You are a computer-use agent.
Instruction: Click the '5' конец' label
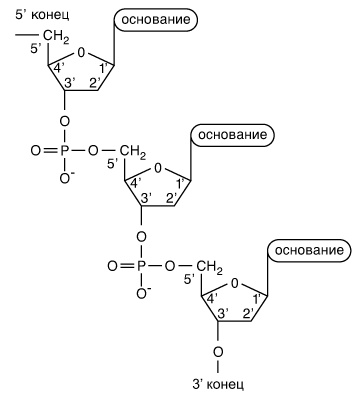(42, 15)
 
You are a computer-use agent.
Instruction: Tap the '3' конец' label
(218, 384)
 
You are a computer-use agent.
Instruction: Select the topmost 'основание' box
(156, 20)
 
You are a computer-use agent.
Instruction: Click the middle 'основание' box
(232, 135)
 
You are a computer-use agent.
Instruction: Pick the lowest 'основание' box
(309, 250)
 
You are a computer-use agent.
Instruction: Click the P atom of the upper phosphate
(65, 151)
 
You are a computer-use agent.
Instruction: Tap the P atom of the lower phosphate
(141, 266)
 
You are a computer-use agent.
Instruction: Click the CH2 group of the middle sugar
(132, 152)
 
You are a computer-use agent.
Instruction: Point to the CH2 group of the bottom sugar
(209, 267)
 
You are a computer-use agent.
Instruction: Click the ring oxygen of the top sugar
(81, 52)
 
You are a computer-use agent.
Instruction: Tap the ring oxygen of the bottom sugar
(235, 283)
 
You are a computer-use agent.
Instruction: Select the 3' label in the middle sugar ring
(146, 198)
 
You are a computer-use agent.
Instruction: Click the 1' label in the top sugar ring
(104, 68)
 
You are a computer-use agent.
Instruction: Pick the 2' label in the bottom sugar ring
(249, 314)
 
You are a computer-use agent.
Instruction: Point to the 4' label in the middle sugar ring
(134, 184)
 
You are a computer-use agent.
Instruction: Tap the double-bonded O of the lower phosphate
(113, 266)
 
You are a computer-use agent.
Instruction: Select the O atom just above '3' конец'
(218, 352)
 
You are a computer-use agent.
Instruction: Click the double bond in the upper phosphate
(51, 151)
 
